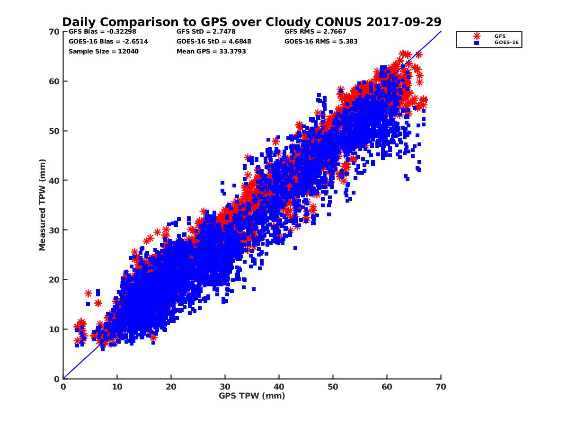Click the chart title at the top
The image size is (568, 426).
click(252, 22)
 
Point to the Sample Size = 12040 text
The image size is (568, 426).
click(104, 51)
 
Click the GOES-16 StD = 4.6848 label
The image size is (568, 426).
click(214, 42)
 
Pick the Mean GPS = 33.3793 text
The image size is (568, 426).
click(211, 51)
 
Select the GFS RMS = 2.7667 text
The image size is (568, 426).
click(315, 32)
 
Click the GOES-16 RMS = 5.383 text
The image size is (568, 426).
click(321, 42)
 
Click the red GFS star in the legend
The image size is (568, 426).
click(477, 36)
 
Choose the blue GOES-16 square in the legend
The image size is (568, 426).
click(477, 43)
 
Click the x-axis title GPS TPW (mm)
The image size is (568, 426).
click(252, 396)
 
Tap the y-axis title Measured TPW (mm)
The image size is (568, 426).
click(43, 204)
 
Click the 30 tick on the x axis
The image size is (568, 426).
click(225, 387)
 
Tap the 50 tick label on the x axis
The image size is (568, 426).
click(333, 387)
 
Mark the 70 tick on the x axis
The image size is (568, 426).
click(441, 387)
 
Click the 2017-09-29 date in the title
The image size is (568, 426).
click(406, 22)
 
